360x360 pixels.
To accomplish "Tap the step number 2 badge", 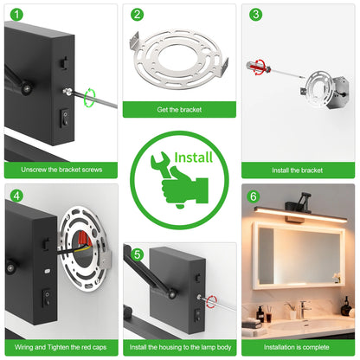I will click(137, 15).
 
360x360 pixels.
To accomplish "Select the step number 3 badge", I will click(255, 15).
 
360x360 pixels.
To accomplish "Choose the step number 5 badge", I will click(137, 254).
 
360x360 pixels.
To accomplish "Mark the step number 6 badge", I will click(255, 196).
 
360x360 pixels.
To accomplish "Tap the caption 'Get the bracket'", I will click(179, 109).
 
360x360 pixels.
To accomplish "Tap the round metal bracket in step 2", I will click(179, 61).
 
